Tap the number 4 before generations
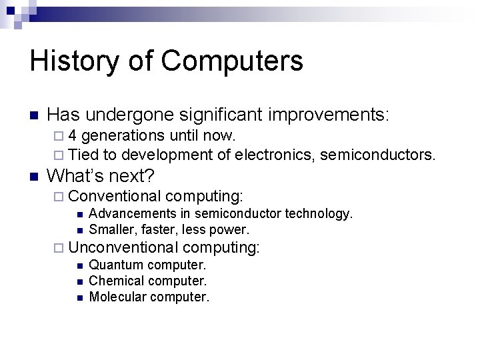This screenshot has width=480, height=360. [72, 136]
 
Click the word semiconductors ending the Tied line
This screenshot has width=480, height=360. [377, 155]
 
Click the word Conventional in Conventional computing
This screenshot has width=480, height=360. [115, 197]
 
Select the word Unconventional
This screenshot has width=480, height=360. [123, 247]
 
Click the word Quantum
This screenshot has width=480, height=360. [116, 265]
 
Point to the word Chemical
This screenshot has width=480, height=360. [116, 281]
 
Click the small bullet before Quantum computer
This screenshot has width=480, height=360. [79, 266]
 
